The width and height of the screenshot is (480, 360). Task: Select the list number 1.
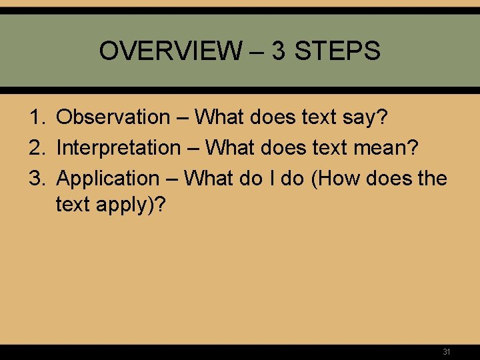pos(37,117)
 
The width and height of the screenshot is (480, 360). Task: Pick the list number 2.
pos(37,148)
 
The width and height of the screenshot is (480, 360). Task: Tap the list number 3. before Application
pos(37,179)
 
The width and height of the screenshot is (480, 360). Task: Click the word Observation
pos(113,117)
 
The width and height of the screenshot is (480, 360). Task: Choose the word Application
pos(107,179)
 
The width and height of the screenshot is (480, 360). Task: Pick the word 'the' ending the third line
pos(432,179)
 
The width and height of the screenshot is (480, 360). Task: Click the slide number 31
pos(447,351)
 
